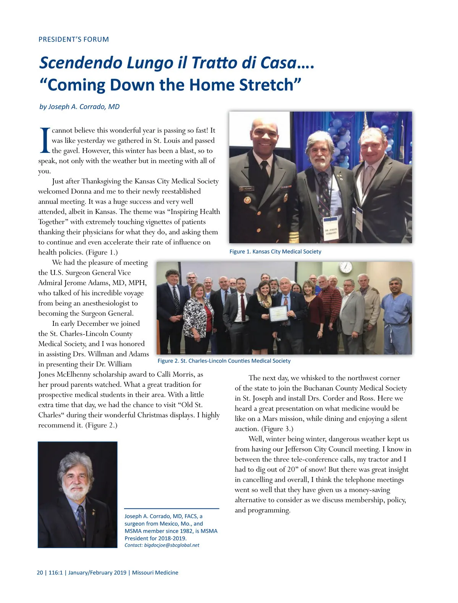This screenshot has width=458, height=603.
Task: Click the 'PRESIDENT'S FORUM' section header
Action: click(x=74, y=39)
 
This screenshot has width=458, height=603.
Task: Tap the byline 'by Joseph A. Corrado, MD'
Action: click(x=79, y=107)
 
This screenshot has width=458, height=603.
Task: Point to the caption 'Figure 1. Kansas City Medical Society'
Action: click(x=275, y=252)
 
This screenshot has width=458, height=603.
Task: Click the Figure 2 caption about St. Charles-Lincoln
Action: click(x=224, y=361)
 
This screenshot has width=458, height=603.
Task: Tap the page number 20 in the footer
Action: click(x=40, y=573)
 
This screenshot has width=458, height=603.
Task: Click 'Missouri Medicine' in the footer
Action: click(x=155, y=573)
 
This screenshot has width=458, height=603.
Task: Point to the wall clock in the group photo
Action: click(x=345, y=267)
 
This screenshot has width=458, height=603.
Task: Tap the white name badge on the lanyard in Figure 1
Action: click(x=331, y=230)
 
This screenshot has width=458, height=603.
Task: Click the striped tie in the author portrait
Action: click(x=82, y=522)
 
